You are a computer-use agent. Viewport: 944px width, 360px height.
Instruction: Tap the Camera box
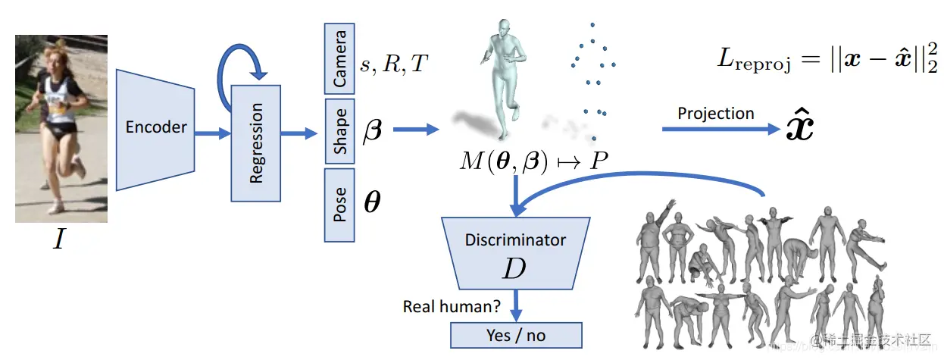click(x=339, y=58)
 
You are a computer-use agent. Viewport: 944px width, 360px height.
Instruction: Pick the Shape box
click(x=339, y=131)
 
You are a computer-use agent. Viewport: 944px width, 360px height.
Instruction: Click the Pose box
click(x=339, y=205)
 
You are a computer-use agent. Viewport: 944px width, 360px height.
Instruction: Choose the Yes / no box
click(x=516, y=335)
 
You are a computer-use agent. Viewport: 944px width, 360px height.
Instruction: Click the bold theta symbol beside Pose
click(x=372, y=203)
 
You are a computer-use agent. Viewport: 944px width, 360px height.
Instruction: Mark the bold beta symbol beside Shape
click(x=374, y=130)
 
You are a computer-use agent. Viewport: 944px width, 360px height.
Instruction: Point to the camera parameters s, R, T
click(x=393, y=65)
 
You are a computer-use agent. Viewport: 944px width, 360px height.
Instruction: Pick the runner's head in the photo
click(x=57, y=58)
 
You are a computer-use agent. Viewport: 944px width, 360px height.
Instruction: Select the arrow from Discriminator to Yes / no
click(x=517, y=305)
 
